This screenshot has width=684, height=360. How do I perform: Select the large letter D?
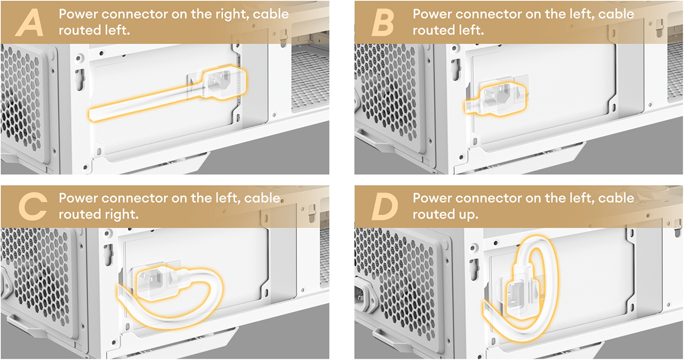pyautogui.click(x=383, y=208)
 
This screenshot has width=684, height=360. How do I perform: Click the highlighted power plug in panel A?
pyautogui.click(x=225, y=82)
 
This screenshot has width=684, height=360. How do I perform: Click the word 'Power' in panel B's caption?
pyautogui.click(x=433, y=14)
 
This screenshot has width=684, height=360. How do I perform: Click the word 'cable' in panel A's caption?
pyautogui.click(x=271, y=14)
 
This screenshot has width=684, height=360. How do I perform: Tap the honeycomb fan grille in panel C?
pyautogui.click(x=40, y=285)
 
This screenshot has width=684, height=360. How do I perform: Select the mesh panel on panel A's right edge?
pyautogui.click(x=311, y=80)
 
